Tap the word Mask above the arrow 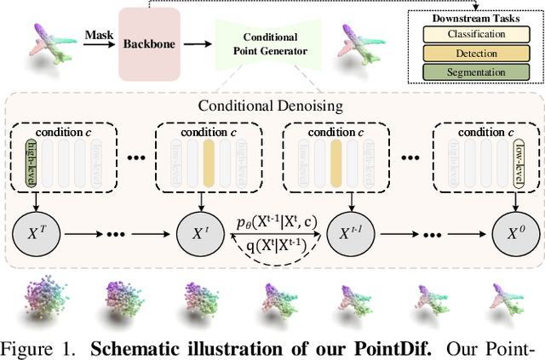pos(99,35)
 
